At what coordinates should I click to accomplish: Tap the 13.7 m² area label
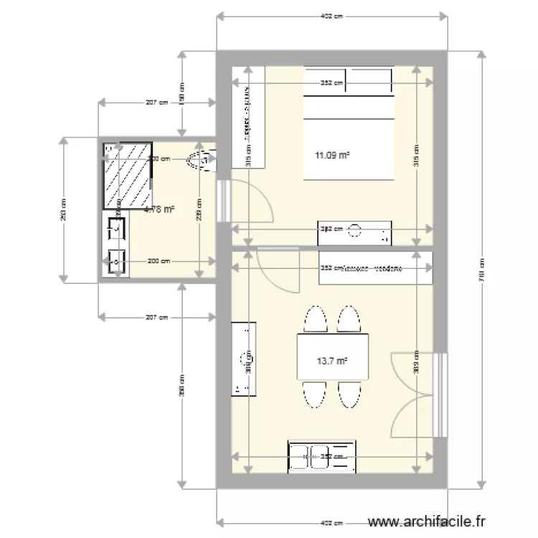point(331,362)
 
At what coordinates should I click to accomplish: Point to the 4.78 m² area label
point(159,209)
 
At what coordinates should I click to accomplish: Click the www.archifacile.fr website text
point(426,522)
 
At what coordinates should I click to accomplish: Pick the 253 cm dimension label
point(62,209)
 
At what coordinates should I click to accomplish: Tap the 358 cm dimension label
point(182,387)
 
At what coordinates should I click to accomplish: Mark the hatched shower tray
point(127,176)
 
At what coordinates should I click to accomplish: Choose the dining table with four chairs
point(332,357)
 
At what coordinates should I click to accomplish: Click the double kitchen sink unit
point(321,456)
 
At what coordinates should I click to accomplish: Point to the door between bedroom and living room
point(279,269)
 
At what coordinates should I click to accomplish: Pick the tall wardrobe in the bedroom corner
point(248,117)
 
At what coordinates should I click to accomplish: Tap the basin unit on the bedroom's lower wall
point(355,232)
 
